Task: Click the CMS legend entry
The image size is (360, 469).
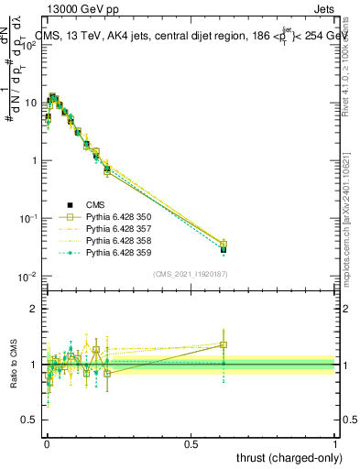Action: [95, 205]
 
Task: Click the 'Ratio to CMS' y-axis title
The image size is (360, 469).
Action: [14, 365]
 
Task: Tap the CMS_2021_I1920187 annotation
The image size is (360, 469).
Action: [191, 274]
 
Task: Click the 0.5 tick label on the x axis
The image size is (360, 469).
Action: [191, 443]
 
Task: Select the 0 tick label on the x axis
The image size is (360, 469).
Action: [47, 443]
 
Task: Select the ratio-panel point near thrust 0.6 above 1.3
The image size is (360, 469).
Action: [224, 344]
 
